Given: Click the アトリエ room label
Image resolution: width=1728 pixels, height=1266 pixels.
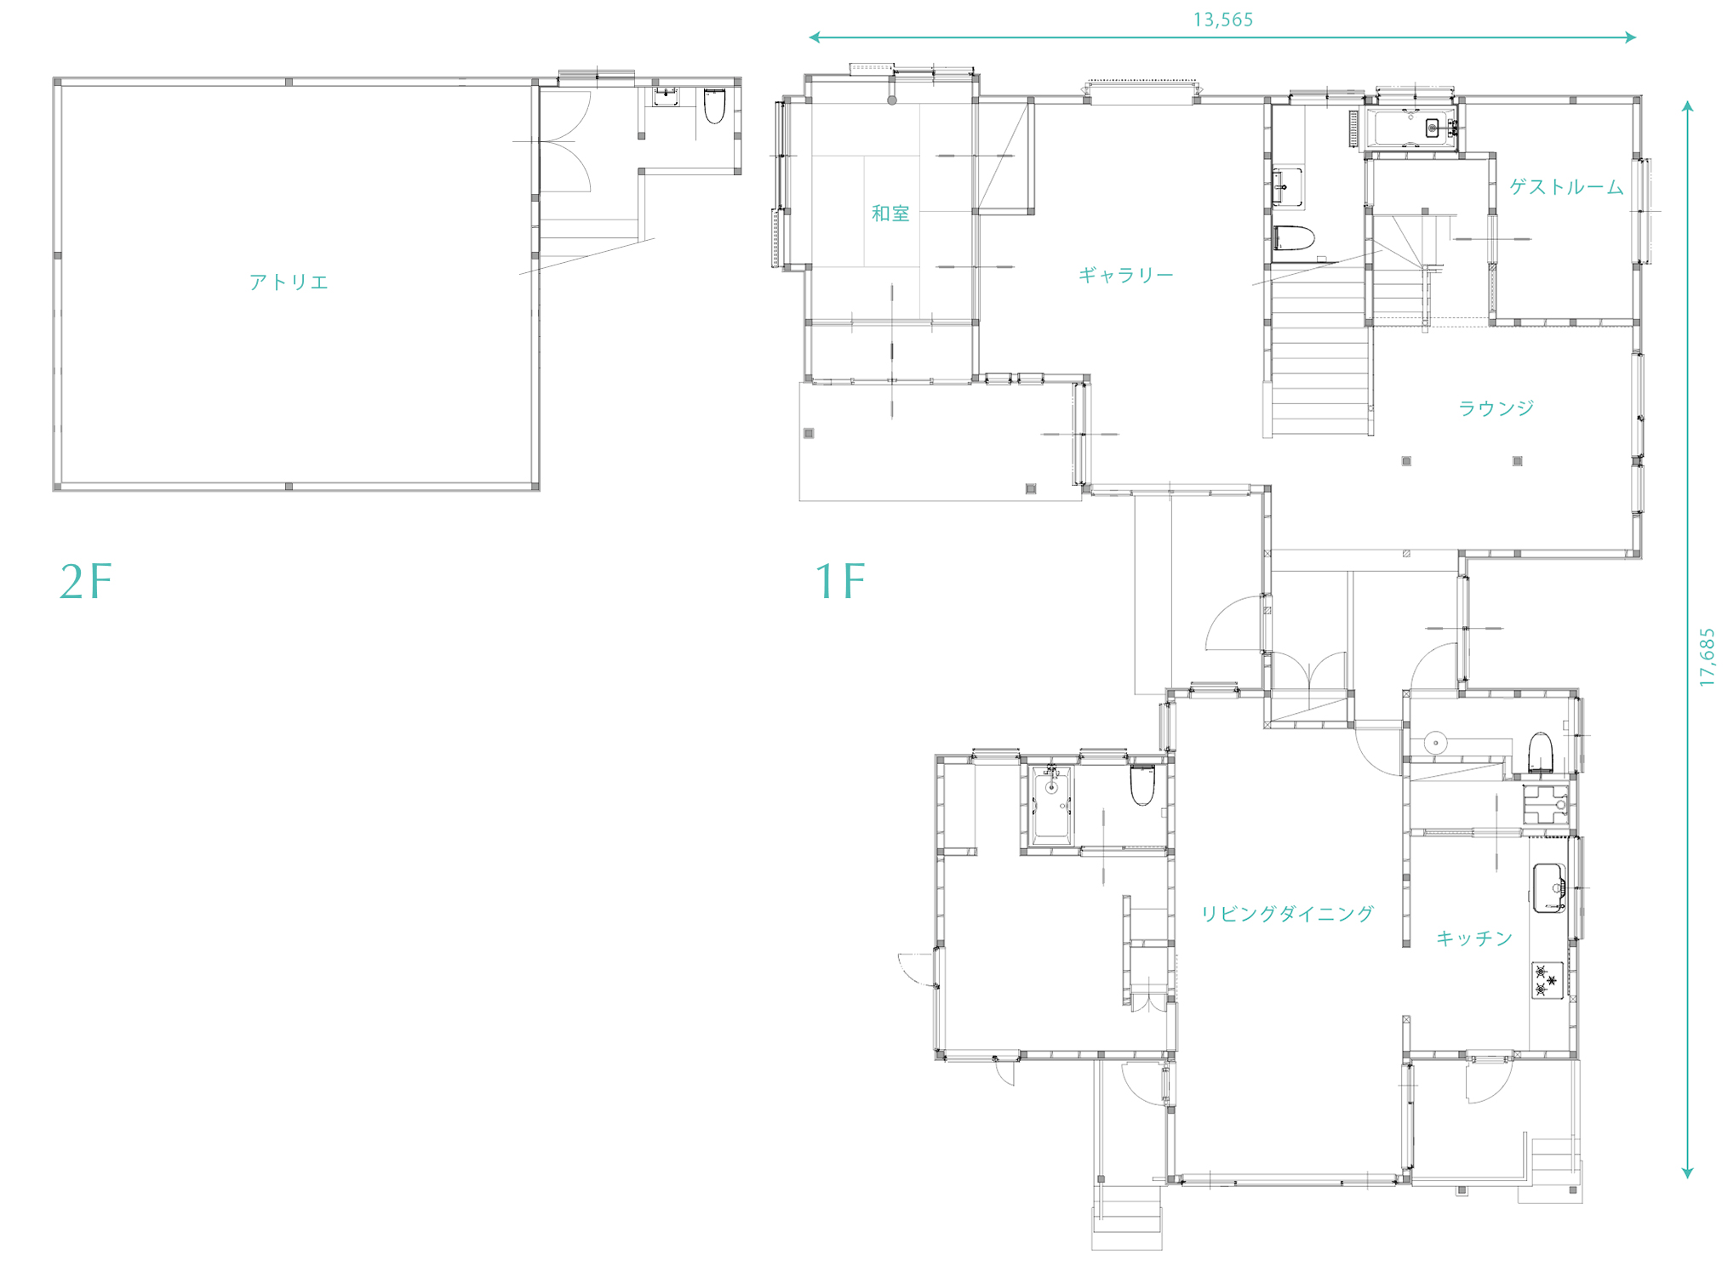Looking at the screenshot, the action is tap(289, 282).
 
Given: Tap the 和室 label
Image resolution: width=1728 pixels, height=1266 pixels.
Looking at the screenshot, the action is tap(890, 214).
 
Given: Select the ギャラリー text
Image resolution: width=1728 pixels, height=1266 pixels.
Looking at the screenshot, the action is tap(1125, 275).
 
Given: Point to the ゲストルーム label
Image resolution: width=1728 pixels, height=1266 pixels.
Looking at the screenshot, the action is tap(1566, 187).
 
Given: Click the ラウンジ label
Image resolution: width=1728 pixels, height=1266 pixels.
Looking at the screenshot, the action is tap(1496, 408).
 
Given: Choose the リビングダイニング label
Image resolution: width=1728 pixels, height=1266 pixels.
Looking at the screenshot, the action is tap(1287, 914).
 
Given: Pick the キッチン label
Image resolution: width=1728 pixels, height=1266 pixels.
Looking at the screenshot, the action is tap(1474, 938).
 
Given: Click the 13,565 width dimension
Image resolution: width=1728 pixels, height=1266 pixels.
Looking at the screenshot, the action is tap(1223, 20).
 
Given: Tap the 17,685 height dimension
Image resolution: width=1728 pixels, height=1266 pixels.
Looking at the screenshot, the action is tap(1707, 658).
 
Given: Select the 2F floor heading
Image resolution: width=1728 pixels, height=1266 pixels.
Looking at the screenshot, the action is tap(85, 582).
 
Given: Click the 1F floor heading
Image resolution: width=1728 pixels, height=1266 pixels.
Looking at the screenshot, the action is tap(840, 582).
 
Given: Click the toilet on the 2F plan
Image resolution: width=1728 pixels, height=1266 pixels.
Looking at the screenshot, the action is tap(714, 105).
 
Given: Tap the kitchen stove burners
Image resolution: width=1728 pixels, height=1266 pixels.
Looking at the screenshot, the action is tap(1548, 980).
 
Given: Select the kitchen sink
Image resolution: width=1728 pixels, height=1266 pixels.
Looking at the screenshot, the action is tap(1549, 888).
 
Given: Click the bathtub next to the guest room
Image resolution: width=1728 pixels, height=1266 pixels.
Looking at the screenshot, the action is tap(1411, 128).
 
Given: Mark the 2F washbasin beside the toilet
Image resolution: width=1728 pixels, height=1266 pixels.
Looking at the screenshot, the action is tap(666, 96).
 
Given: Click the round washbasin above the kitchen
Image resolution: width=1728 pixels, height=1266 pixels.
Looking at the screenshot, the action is tap(1435, 743).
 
